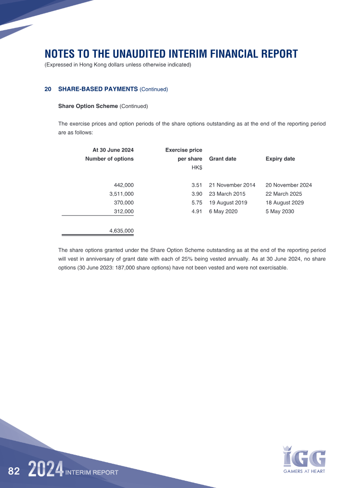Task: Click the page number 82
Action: pos(14,471)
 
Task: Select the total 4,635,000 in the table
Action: pos(121,231)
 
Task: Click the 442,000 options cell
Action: pos(124,185)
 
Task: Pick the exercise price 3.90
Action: pos(197,194)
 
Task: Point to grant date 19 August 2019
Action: pos(228,202)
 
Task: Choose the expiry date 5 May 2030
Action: pos(280,211)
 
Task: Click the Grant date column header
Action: pos(223,159)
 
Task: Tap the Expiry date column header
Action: pos(280,159)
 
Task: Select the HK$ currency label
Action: pos(197,168)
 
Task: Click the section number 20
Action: pos(48,89)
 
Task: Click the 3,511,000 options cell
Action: pos(121,194)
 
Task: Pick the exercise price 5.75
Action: pos(197,202)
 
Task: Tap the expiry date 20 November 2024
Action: pos(288,185)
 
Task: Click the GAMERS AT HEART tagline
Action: pos(304,471)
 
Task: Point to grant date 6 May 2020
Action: pos(223,211)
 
